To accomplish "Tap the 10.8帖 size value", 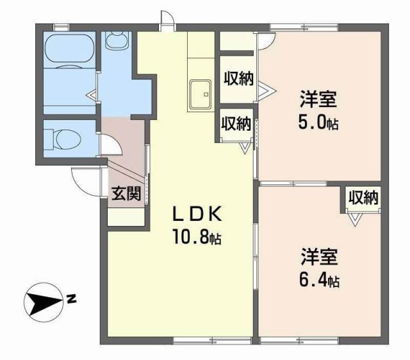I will pyautogui.click(x=196, y=239).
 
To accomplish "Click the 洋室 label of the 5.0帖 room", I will pyautogui.click(x=318, y=101).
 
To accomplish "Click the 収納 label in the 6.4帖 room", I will pyautogui.click(x=363, y=198).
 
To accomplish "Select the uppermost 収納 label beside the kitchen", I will pyautogui.click(x=238, y=79).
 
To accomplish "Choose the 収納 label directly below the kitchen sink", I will pyautogui.click(x=236, y=123).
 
